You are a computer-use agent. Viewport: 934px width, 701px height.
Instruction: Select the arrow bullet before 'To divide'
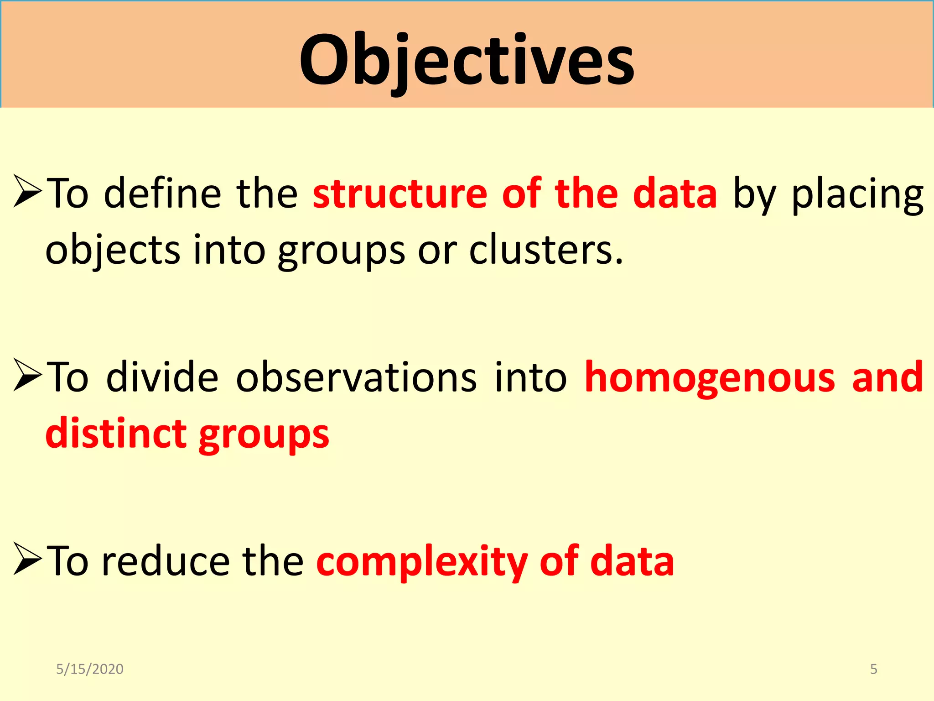pos(27,375)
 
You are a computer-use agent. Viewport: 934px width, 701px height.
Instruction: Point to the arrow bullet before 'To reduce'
pos(27,559)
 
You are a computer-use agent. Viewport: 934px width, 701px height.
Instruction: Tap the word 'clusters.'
pos(545,250)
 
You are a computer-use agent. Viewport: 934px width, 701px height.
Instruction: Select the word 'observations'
pos(356,377)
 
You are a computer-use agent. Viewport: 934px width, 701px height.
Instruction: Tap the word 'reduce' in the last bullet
pos(166,561)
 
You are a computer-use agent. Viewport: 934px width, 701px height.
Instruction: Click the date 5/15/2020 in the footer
pos(89,669)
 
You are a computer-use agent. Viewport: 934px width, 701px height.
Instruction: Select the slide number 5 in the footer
pos(873,669)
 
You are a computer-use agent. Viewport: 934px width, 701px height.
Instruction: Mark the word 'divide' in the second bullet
pos(162,377)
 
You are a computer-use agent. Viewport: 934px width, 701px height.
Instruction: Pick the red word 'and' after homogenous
pos(887,377)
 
